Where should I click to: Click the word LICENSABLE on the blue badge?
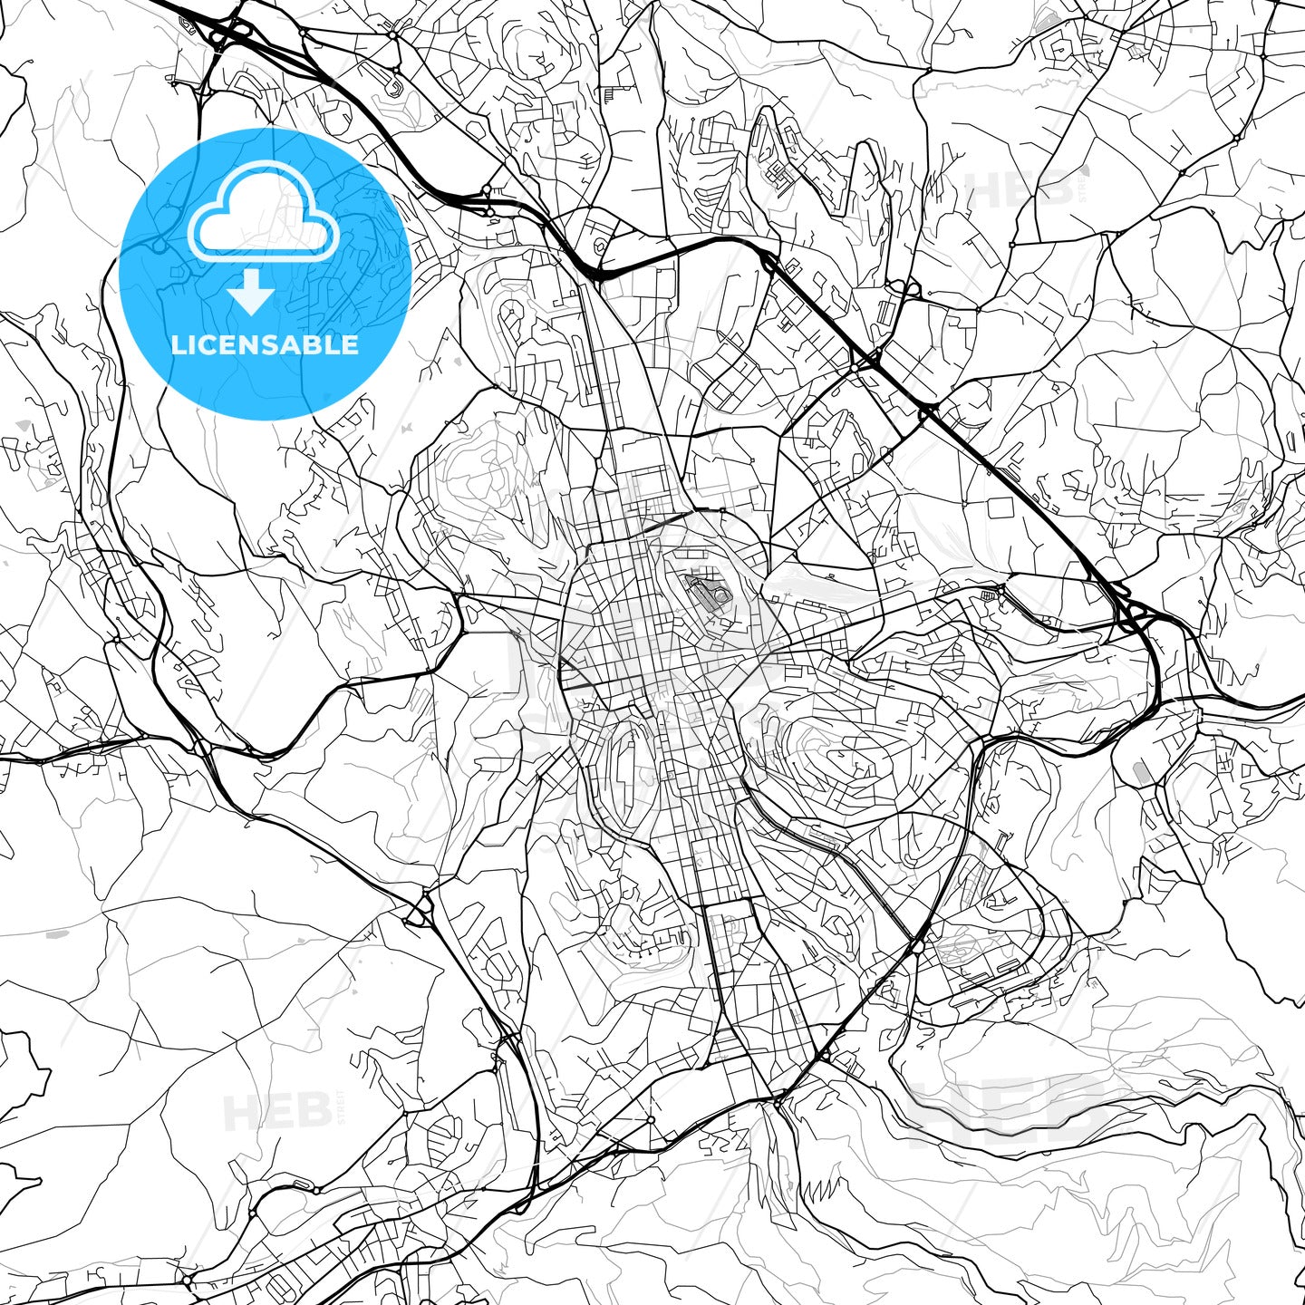[x=265, y=344]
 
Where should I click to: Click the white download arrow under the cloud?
[x=251, y=293]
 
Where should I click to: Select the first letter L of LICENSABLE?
[x=178, y=344]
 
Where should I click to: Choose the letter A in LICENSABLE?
[x=299, y=344]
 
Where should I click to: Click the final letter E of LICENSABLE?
[x=352, y=344]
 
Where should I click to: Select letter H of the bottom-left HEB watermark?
[x=240, y=1112]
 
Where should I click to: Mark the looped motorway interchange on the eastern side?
[x=1133, y=616]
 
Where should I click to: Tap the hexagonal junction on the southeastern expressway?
[x=916, y=946]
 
